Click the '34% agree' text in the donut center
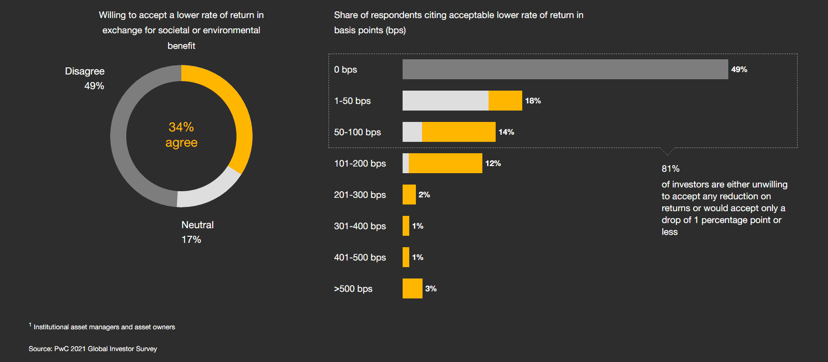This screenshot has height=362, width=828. (181, 135)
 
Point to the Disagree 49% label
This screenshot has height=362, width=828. (85, 78)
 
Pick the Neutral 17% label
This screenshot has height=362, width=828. (197, 232)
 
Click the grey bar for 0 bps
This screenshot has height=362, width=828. (565, 69)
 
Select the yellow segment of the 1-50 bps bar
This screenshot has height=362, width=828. (505, 101)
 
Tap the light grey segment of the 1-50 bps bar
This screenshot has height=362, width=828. (445, 101)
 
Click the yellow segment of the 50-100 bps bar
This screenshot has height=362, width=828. (459, 132)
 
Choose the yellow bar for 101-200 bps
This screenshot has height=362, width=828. (445, 163)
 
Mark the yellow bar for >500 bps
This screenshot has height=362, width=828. (412, 288)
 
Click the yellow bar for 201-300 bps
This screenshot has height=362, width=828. (409, 195)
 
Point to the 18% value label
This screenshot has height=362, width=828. (533, 101)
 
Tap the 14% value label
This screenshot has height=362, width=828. (506, 132)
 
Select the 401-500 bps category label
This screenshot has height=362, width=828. (360, 257)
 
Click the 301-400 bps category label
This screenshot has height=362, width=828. (360, 226)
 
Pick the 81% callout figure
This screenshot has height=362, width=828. (670, 168)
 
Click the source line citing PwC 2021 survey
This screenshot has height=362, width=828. (93, 349)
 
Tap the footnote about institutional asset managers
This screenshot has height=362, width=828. (104, 327)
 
